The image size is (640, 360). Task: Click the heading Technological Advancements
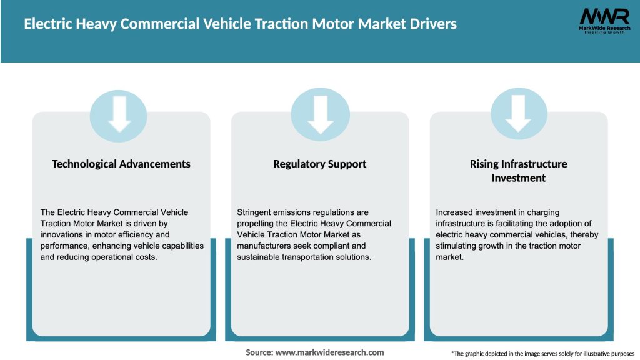coord(121,164)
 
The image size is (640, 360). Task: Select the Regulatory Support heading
coord(320,164)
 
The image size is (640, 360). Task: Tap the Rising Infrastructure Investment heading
coord(519,171)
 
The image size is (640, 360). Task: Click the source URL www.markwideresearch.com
coord(329,352)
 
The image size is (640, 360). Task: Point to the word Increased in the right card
coord(455,212)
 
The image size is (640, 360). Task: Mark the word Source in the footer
coord(259,352)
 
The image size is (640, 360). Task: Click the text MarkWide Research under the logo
coord(604,28)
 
